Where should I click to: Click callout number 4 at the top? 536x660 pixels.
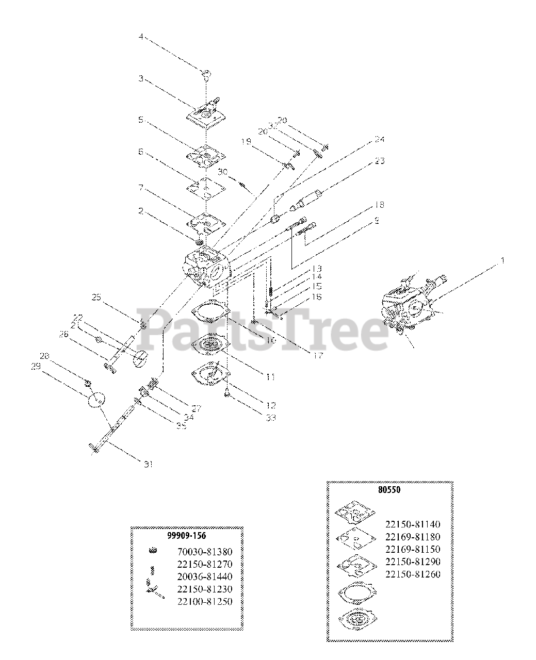(x=140, y=37)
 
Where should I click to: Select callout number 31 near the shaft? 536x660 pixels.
(x=148, y=464)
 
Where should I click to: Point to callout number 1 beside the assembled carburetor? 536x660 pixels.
(x=501, y=261)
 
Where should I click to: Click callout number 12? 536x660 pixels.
(x=271, y=405)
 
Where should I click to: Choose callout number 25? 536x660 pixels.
(x=96, y=297)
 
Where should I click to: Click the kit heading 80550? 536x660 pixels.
(x=391, y=490)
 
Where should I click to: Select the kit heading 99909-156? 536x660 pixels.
(x=186, y=536)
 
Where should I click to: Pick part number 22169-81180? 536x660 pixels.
(x=413, y=537)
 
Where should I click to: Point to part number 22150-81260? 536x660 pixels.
(x=413, y=574)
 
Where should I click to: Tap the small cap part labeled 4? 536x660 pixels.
(x=206, y=74)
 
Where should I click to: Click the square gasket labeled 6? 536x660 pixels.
(x=205, y=190)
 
